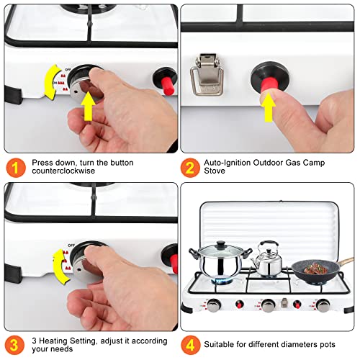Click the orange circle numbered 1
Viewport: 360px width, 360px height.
point(15,168)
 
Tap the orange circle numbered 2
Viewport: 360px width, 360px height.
point(190,168)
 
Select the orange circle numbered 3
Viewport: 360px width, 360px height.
point(14,345)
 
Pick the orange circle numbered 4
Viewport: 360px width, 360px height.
point(190,345)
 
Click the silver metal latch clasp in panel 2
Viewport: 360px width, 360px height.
point(207,75)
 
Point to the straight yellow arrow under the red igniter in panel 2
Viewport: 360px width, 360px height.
point(269,107)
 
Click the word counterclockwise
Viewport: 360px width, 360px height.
point(63,171)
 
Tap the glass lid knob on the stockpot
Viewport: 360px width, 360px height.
point(220,245)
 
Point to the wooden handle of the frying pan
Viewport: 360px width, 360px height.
point(346,262)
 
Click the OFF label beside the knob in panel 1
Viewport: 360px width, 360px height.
point(68,69)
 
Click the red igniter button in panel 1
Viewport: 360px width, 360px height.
point(167,86)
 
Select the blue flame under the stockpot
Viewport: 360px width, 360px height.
point(221,281)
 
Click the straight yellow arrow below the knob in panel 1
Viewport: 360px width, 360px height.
point(88,107)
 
